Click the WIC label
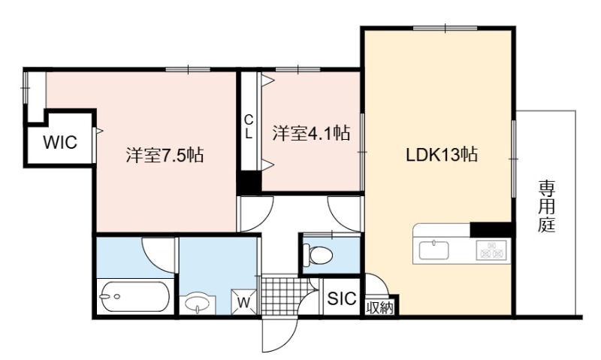pyautogui.click(x=60, y=142)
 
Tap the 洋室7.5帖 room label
pyautogui.click(x=165, y=156)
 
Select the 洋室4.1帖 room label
pyautogui.click(x=311, y=133)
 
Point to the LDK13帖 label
pyautogui.click(x=442, y=155)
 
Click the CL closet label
pyautogui.click(x=249, y=127)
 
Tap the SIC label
pyautogui.click(x=342, y=298)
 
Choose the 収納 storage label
pyautogui.click(x=379, y=307)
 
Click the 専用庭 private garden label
pyautogui.click(x=546, y=207)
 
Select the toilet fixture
pyautogui.click(x=317, y=255)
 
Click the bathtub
pyautogui.click(x=134, y=296)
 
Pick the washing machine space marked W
pyautogui.click(x=243, y=301)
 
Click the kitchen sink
pyautogui.click(x=434, y=251)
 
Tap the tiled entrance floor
pyautogui.click(x=285, y=295)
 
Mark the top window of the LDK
pyautogui.click(x=445, y=28)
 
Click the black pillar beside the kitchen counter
pyautogui.click(x=491, y=230)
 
